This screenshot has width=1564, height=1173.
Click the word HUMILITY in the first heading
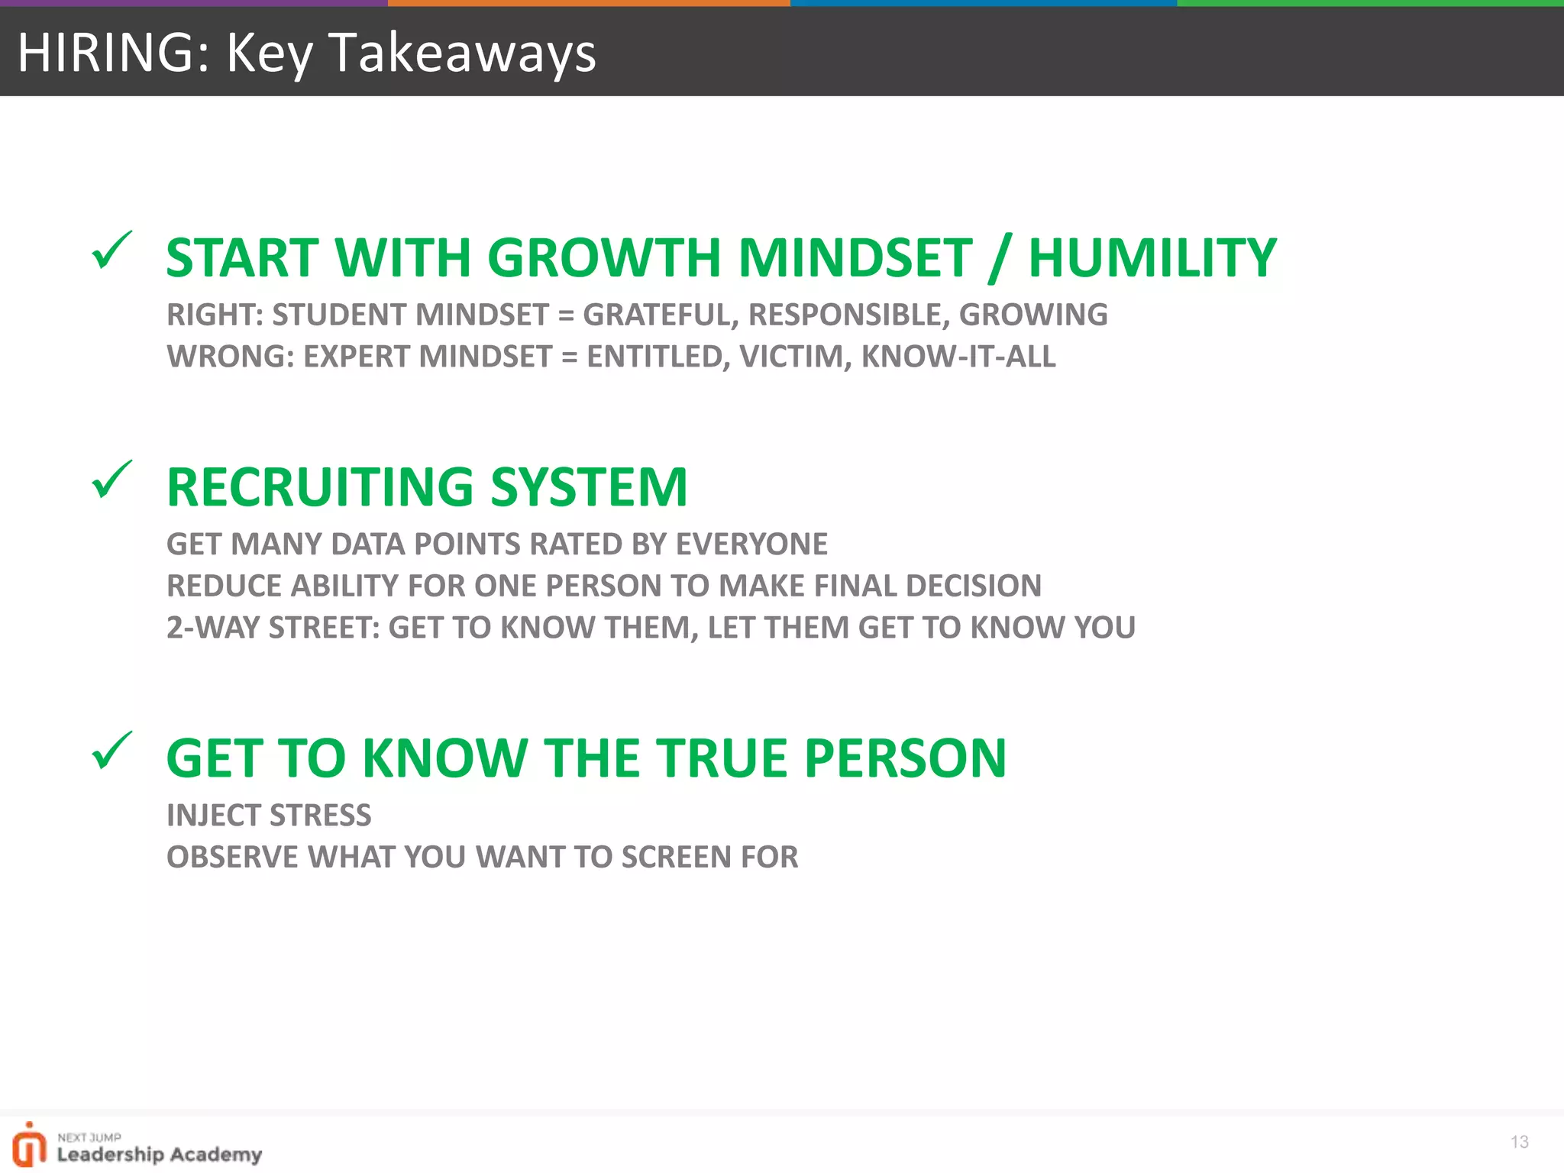click(1152, 257)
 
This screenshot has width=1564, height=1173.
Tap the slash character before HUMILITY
click(999, 257)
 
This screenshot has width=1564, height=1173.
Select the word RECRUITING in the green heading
click(320, 486)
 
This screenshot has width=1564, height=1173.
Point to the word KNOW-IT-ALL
click(958, 357)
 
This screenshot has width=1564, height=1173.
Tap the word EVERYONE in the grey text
click(751, 544)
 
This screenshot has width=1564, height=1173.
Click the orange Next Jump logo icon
click(29, 1145)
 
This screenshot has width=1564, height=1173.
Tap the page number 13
click(1519, 1142)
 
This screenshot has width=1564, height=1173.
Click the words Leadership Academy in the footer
click(160, 1154)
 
